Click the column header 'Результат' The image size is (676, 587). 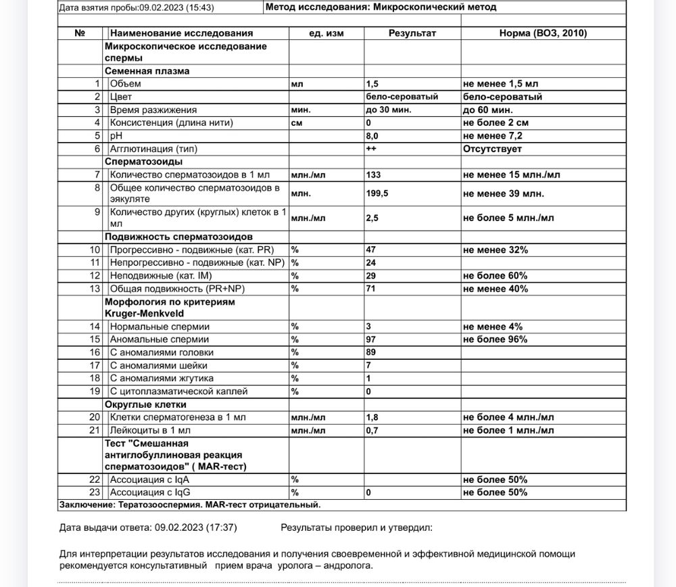click(x=412, y=32)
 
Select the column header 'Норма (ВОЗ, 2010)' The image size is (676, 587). click(x=543, y=32)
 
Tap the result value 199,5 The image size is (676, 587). click(x=377, y=193)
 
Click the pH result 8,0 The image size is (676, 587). click(x=372, y=135)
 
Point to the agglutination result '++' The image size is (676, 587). click(x=371, y=148)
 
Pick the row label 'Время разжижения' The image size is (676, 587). click(x=153, y=110)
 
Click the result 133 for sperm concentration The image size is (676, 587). click(x=373, y=174)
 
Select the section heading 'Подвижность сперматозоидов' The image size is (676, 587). click(x=178, y=237)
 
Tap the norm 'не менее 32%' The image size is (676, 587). click(x=496, y=250)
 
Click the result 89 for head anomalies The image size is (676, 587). click(x=370, y=352)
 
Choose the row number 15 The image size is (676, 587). click(x=95, y=339)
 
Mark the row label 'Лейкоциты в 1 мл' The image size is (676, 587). click(x=150, y=430)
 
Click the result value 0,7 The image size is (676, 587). click(x=372, y=430)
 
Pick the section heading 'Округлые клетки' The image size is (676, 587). click(x=143, y=404)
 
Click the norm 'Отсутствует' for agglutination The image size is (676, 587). click(x=491, y=148)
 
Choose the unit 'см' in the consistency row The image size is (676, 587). click(x=297, y=122)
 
